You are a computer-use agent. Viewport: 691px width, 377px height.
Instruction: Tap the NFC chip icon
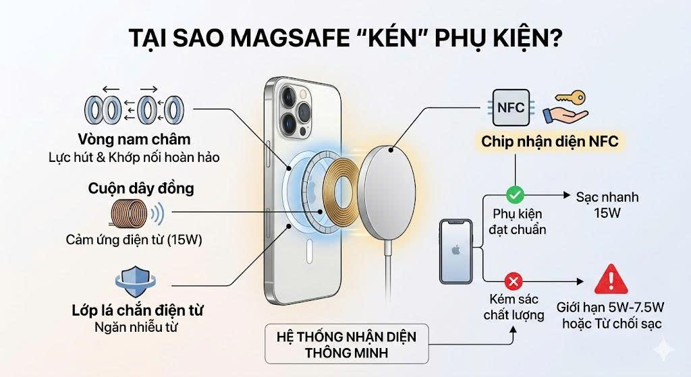[x=510, y=108]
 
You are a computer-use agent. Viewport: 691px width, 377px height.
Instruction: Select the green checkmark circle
[x=515, y=195]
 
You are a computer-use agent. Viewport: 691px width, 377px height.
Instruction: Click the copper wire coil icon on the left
[x=128, y=215]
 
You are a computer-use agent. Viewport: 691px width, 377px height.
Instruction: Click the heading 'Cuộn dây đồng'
[x=141, y=188]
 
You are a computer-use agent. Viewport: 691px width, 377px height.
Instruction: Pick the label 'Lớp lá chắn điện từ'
[x=138, y=311]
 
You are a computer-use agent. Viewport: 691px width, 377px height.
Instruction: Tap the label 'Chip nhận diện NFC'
[x=549, y=142]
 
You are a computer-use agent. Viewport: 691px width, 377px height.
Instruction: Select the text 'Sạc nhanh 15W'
[x=607, y=206]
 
